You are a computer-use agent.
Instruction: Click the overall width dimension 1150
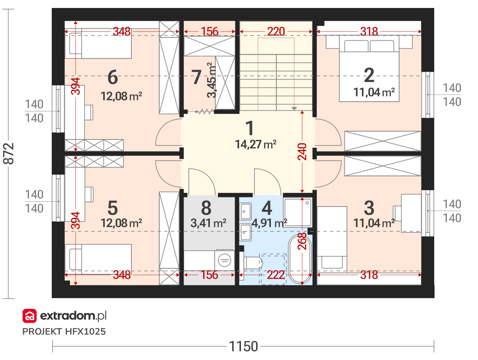(x=243, y=346)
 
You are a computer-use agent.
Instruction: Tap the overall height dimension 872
(x=8, y=153)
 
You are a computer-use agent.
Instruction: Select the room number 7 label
(x=196, y=77)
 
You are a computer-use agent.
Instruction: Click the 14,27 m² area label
(x=256, y=144)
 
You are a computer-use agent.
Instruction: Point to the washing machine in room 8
(x=224, y=260)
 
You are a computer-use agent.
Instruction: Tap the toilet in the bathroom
(x=253, y=263)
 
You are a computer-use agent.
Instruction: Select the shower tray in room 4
(x=298, y=212)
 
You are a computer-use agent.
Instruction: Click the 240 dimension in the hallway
(x=302, y=151)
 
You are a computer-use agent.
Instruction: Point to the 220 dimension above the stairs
(x=276, y=31)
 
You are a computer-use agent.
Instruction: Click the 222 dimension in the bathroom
(x=276, y=275)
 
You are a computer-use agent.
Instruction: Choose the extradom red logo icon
(x=29, y=316)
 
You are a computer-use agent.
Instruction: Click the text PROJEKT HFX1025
(x=64, y=332)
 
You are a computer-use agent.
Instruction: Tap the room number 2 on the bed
(x=369, y=75)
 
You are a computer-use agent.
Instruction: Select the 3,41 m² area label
(x=208, y=223)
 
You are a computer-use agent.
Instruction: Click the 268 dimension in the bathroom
(x=302, y=241)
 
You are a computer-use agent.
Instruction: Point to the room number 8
(x=206, y=208)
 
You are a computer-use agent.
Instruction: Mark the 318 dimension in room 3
(x=369, y=275)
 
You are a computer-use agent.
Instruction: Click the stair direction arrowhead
(x=294, y=108)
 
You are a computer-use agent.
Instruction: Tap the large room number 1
(x=250, y=128)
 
